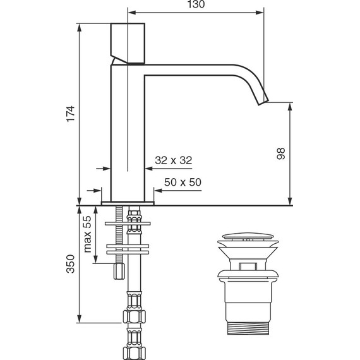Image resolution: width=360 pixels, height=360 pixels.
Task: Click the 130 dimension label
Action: (x=196, y=4)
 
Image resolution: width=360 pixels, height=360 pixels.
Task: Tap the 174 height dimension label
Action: (x=71, y=114)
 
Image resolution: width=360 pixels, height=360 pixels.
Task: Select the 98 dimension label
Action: (x=281, y=153)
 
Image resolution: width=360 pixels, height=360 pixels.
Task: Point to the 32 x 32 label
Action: (x=173, y=160)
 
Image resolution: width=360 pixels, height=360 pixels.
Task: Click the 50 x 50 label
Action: (x=183, y=182)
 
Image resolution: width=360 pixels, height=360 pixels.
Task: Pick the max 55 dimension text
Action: (x=88, y=234)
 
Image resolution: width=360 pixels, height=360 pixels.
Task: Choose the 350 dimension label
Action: (x=71, y=263)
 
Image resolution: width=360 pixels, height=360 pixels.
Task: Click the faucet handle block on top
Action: (x=128, y=43)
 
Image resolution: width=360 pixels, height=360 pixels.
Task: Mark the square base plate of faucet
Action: (x=128, y=203)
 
